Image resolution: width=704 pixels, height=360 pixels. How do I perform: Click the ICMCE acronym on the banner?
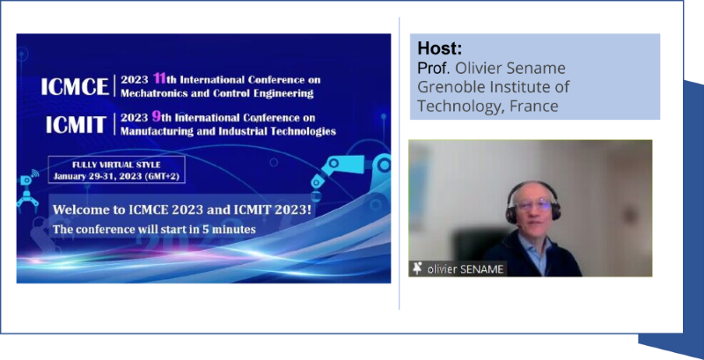point(75,86)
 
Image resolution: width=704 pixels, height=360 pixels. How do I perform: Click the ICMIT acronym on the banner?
point(77,125)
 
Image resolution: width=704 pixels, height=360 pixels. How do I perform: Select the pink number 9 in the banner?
point(157,117)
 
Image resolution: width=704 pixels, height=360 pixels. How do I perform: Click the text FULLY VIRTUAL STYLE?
point(116,165)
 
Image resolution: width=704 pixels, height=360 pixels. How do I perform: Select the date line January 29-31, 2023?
point(116,176)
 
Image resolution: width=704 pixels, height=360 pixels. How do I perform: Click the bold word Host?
point(439,48)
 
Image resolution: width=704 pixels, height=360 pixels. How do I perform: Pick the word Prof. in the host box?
point(434,68)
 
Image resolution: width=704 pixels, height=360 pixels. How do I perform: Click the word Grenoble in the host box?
point(445,86)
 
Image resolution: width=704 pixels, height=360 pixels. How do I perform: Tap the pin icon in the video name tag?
point(417,268)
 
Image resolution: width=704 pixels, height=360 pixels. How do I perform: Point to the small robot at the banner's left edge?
point(28,192)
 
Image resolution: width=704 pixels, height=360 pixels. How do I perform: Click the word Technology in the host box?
point(459,107)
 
